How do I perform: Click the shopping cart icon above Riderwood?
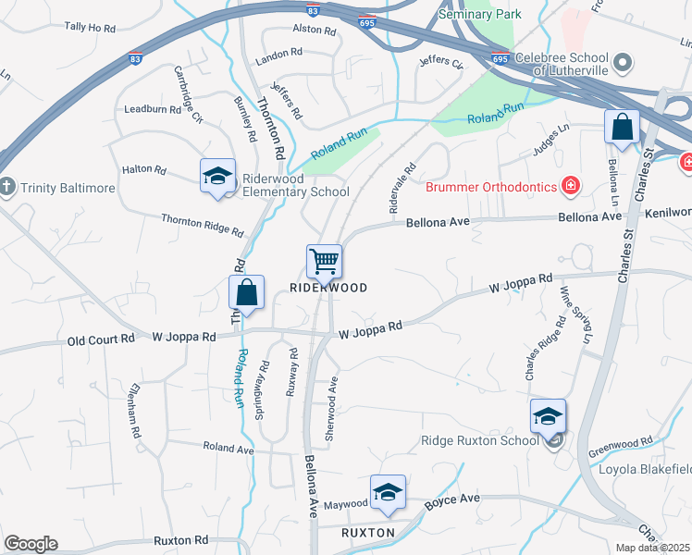[x=324, y=261]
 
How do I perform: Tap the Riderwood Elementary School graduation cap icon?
[x=216, y=176]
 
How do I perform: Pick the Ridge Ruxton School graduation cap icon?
[x=548, y=416]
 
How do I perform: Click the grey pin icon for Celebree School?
[x=623, y=63]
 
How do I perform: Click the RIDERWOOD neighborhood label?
[x=328, y=288]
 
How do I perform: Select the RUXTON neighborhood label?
[x=368, y=533]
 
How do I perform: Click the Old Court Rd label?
[x=101, y=339]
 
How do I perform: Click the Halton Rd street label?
[x=143, y=170]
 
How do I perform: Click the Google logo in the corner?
[x=31, y=544]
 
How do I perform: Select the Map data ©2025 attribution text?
[x=652, y=548]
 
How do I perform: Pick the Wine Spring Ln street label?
[x=575, y=317]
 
